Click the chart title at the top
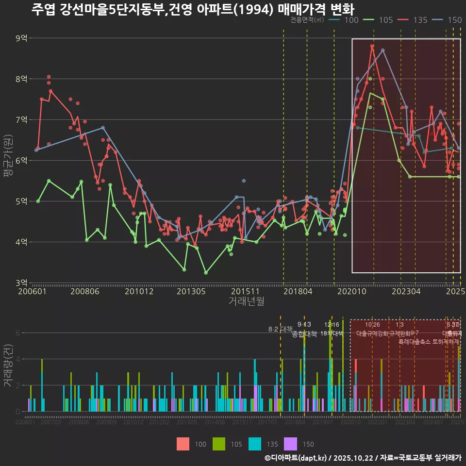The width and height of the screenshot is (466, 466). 193,10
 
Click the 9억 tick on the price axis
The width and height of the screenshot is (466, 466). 21,38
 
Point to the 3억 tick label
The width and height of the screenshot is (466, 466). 21,283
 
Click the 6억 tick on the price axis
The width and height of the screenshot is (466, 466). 21,160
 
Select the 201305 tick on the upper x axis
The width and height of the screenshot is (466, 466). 190,292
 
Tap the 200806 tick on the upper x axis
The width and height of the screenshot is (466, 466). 85,292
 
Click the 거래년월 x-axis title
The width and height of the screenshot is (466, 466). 246,301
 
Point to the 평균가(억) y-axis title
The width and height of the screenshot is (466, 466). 8,160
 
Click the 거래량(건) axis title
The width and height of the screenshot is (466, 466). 8,365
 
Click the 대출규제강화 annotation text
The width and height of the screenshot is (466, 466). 372,333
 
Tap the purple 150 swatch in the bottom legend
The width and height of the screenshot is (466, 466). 291,444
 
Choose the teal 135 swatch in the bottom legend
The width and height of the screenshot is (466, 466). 255,444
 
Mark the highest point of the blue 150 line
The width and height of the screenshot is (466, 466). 383,50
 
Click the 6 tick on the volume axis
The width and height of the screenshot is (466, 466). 17,333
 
